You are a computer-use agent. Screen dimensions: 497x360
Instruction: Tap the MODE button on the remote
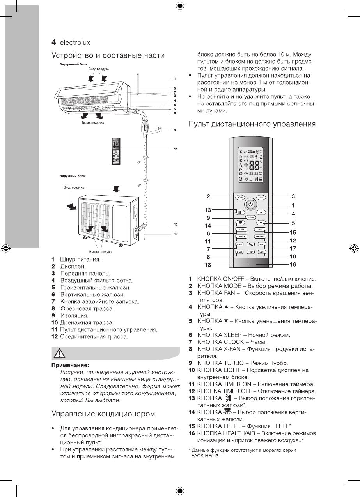tap(240, 198)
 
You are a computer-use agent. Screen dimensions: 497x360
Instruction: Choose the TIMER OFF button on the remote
tap(260, 237)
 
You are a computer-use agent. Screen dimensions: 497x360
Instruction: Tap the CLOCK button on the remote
tap(239, 244)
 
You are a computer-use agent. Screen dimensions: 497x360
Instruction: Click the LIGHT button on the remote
tap(262, 252)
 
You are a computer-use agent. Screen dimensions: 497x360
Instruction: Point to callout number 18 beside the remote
tap(209, 265)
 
